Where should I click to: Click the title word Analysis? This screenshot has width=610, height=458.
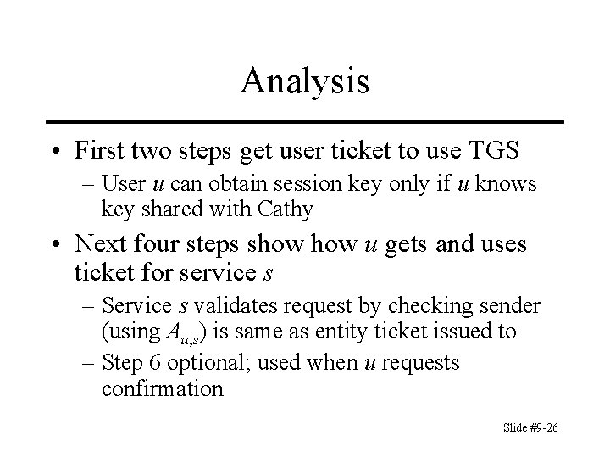pos(304,81)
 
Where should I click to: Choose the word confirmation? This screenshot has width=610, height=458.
pos(162,389)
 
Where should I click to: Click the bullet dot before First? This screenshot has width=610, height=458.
pos(56,152)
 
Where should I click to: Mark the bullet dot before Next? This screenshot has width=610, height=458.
pos(56,245)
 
